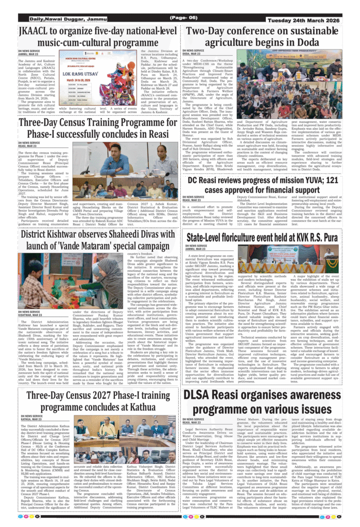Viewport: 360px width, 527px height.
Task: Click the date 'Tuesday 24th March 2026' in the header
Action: point(313,19)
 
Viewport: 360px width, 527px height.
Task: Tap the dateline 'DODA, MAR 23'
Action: point(192,54)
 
